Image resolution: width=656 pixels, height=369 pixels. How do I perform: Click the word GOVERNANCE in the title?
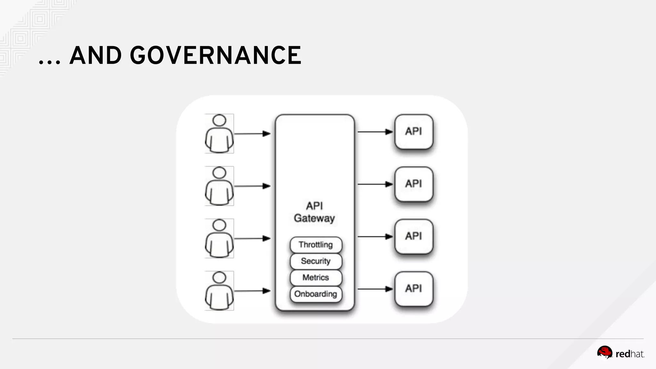coord(216,55)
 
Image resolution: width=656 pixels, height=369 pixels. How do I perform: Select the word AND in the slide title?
coord(95,55)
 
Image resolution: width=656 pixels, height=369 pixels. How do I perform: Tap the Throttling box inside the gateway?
coord(316,245)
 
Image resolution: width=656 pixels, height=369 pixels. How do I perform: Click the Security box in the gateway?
coord(316,261)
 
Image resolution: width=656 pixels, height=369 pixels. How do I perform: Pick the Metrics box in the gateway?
coord(316,277)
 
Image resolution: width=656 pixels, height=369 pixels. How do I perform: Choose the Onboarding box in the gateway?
coord(316,294)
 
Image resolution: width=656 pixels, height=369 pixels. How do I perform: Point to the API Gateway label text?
coord(314,212)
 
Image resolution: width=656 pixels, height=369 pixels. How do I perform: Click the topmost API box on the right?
coord(414,132)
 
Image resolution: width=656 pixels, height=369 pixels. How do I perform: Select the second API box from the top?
coord(414,184)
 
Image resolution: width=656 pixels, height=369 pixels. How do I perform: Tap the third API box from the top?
coord(414,236)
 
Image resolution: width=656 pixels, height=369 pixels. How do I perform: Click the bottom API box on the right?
coord(414,289)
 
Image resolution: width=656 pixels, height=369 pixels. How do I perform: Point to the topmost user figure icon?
coord(219,134)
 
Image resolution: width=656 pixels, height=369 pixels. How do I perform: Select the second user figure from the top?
coord(219,186)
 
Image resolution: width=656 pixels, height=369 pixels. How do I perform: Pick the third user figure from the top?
coord(219,238)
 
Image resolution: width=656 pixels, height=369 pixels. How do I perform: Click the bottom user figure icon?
coord(219,291)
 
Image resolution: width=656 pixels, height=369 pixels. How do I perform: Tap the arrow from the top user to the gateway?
coord(252,134)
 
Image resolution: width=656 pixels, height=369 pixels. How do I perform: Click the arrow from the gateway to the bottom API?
coord(375,289)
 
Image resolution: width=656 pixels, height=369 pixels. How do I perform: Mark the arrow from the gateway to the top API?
coord(375,132)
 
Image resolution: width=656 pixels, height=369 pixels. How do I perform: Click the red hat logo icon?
coord(604,353)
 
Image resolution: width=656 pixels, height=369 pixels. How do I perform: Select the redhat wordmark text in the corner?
coord(630,354)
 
